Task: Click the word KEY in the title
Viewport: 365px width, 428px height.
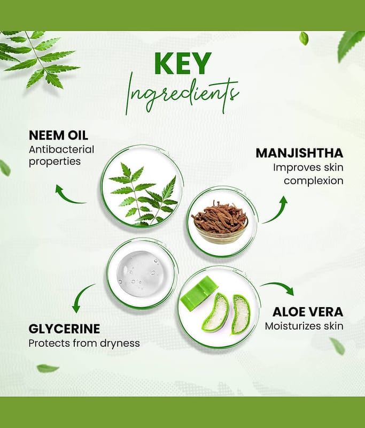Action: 183,63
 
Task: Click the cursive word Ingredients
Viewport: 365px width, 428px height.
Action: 182,95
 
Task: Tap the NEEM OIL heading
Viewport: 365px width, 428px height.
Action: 58,135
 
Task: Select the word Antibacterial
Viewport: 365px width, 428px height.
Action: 61,150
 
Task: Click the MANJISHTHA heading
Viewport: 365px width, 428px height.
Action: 299,153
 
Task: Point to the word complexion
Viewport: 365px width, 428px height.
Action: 314,181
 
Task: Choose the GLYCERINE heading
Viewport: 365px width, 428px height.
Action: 64,328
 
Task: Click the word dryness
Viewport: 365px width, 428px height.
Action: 120,343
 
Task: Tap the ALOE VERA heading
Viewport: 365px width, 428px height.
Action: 308,312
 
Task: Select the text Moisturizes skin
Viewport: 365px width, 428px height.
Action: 304,326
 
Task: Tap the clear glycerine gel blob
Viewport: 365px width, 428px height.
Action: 141,274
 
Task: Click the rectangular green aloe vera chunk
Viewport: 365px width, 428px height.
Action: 199,293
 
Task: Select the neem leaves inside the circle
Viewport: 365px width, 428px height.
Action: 144,195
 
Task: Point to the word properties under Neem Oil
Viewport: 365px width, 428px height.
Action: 55,162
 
